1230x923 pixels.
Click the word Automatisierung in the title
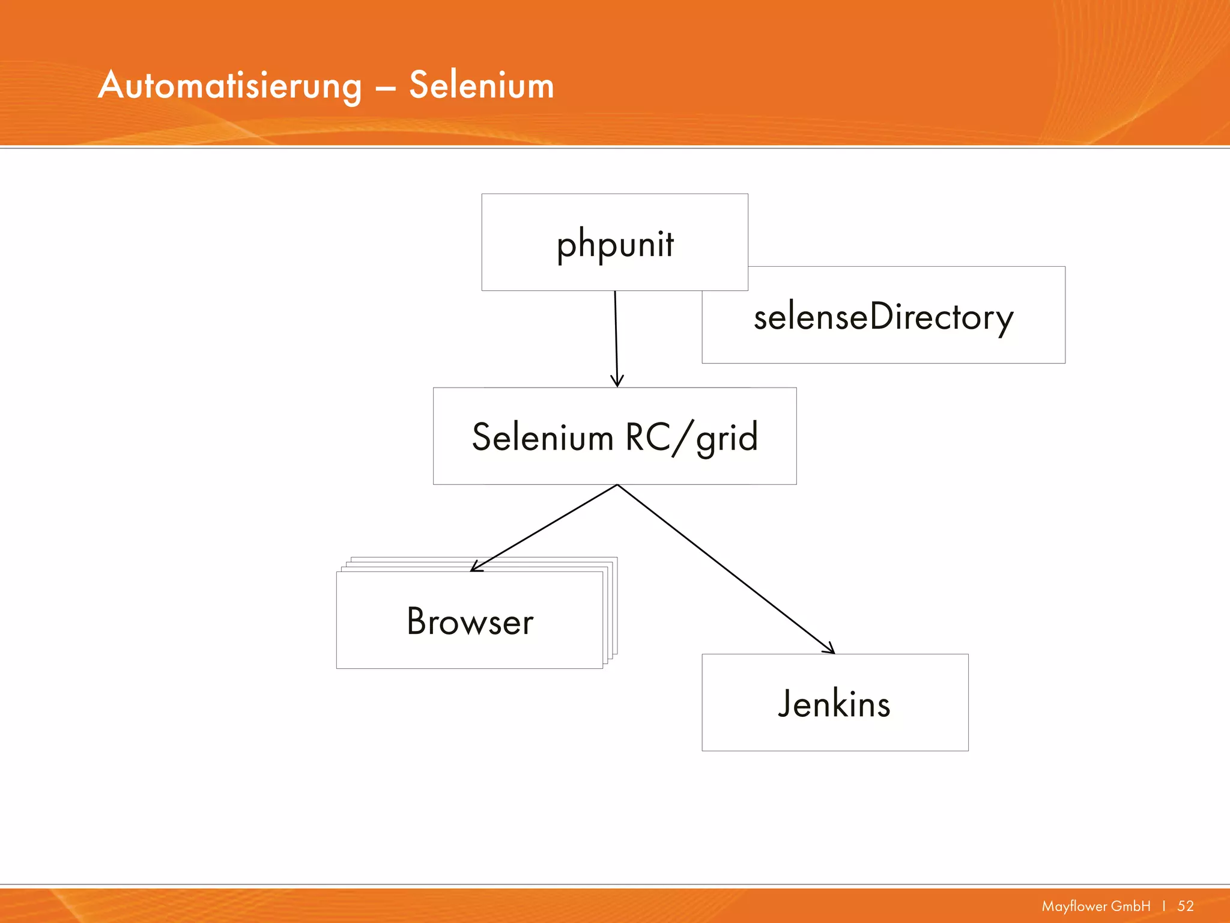pos(230,85)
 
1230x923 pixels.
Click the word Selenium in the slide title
pos(481,85)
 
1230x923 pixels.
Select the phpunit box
pos(614,242)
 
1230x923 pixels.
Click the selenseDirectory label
pos(883,317)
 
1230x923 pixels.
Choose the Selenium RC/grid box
pos(614,436)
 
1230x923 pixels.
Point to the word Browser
pos(470,621)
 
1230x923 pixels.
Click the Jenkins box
pos(835,702)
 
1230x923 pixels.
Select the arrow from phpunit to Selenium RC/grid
pos(616,337)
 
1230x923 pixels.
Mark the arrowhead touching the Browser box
pos(475,567)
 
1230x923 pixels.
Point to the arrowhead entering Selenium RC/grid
pos(617,382)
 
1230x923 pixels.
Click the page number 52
pos(1186,906)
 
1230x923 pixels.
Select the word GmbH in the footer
pos(1131,906)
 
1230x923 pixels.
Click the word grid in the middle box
pos(727,437)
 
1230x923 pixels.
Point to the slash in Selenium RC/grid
pos(682,437)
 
